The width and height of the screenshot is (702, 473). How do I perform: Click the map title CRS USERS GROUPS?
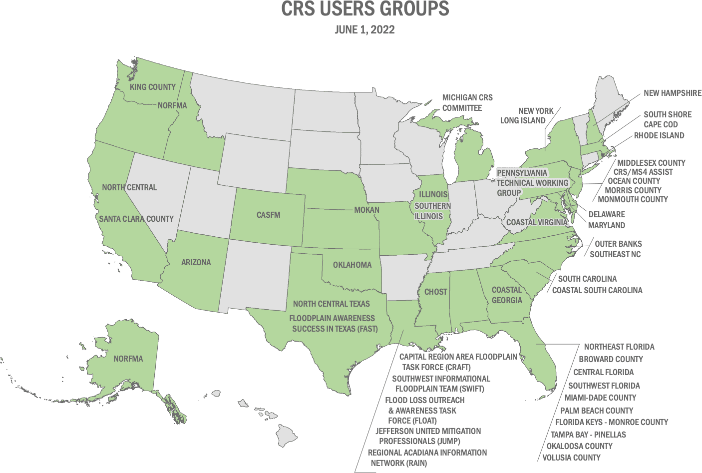pos(364,9)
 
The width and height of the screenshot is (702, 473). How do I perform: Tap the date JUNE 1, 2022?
pos(364,29)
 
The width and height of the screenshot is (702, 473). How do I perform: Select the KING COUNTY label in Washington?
pos(153,87)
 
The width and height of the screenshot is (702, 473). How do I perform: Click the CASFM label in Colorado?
pos(269,215)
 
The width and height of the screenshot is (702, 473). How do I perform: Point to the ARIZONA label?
pos(196,262)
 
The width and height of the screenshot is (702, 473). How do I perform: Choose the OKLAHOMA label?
pos(352,265)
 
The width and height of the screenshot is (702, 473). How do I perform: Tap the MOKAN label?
pos(367,210)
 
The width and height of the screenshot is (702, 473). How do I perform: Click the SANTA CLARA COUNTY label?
pos(136,219)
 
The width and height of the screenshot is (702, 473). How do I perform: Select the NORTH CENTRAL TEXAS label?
pos(332,304)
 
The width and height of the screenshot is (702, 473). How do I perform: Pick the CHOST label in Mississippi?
pos(435,292)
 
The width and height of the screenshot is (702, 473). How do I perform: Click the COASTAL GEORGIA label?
pos(507,295)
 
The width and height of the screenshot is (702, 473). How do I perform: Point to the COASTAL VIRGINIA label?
pos(537,222)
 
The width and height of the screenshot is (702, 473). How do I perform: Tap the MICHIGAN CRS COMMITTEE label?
pos(467,102)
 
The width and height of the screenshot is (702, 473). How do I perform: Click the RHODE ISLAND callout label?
pos(659,135)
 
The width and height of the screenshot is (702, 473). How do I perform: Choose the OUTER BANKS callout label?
pos(618,244)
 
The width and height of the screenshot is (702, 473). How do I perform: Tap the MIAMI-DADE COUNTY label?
pos(601,398)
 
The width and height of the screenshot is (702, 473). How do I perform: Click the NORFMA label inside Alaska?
pos(128,359)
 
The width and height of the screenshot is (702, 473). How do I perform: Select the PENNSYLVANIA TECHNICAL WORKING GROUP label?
pos(532,182)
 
